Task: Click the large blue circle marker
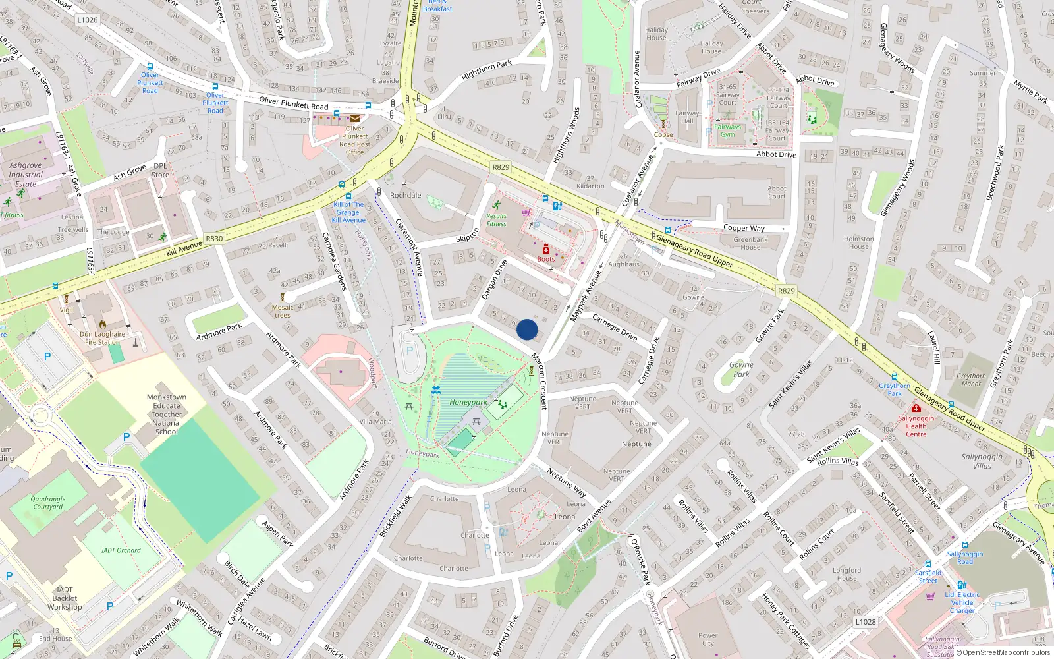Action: click(x=527, y=329)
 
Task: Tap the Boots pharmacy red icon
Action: click(x=546, y=249)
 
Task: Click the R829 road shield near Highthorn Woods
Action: click(x=501, y=167)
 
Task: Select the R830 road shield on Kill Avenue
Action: click(x=214, y=239)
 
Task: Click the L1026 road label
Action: click(x=87, y=20)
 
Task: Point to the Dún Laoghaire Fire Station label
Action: click(x=102, y=338)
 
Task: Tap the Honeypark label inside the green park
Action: click(x=468, y=402)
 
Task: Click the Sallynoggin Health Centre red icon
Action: click(x=916, y=409)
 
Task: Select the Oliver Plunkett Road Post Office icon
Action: click(x=355, y=119)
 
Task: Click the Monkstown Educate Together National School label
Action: click(x=166, y=415)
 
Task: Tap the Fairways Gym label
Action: click(x=727, y=130)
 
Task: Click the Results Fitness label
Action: click(x=497, y=220)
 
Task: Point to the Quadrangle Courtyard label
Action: click(x=48, y=503)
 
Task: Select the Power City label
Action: click(x=707, y=639)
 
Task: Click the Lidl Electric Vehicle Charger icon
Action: click(x=961, y=585)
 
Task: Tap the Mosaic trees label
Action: click(x=283, y=311)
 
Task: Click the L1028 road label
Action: click(x=866, y=621)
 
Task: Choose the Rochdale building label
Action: click(x=405, y=195)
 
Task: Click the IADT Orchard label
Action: click(x=121, y=550)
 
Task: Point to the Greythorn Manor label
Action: click(x=971, y=380)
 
